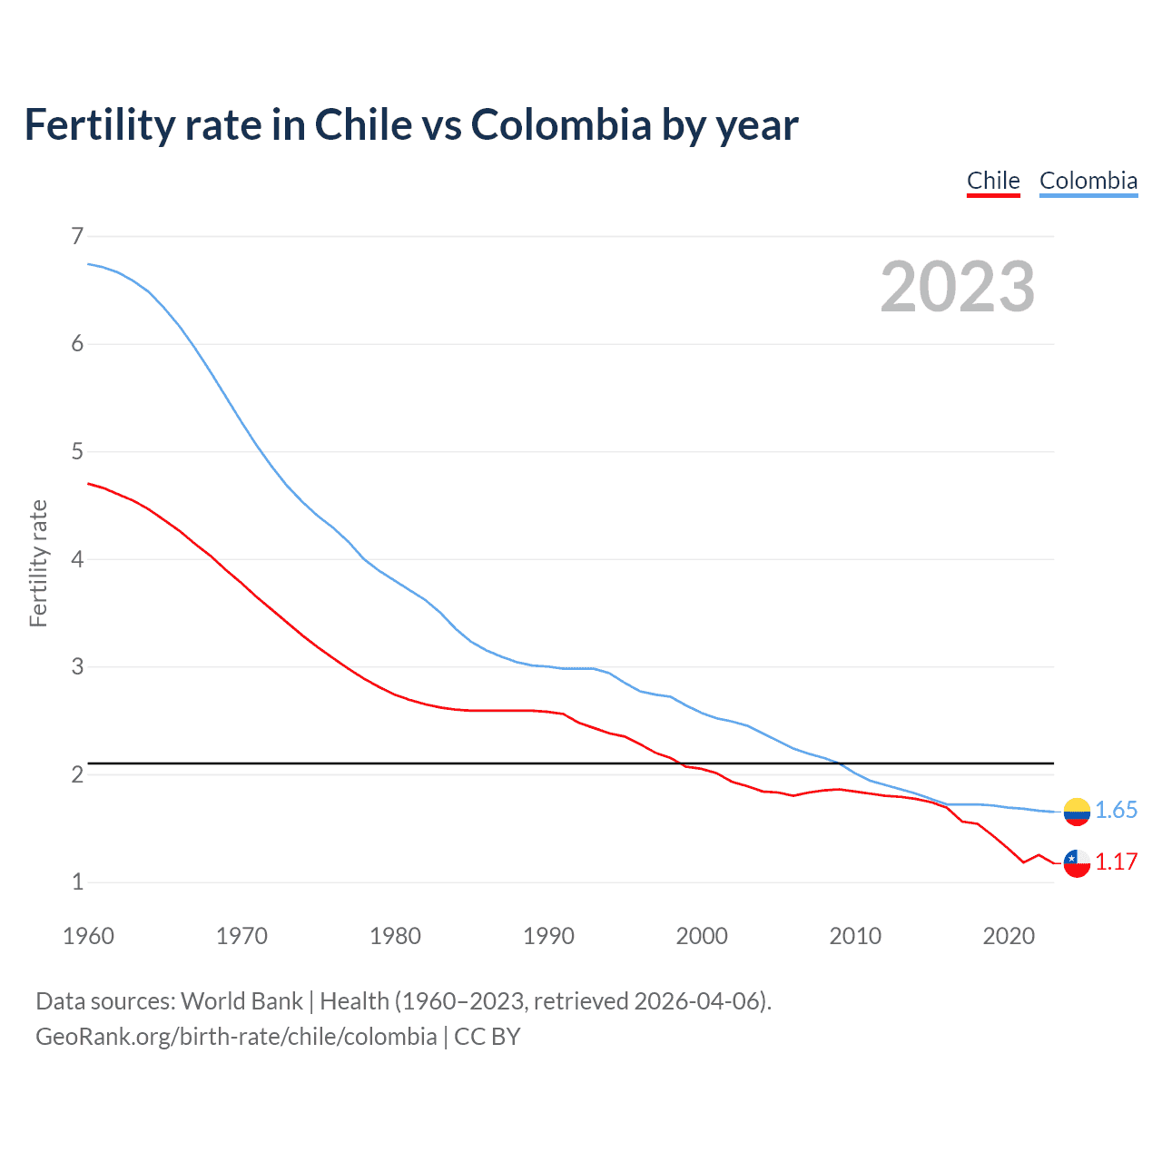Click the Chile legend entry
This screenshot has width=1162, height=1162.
pyautogui.click(x=993, y=181)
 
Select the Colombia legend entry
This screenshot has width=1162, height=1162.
pyautogui.click(x=1088, y=181)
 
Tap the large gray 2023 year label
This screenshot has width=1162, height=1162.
pyautogui.click(x=957, y=287)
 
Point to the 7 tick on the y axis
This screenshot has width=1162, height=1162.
pyautogui.click(x=77, y=236)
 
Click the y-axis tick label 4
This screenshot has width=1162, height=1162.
pyautogui.click(x=77, y=559)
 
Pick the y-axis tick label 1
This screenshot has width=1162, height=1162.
pyautogui.click(x=77, y=881)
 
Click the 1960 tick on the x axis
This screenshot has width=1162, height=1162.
pyautogui.click(x=88, y=936)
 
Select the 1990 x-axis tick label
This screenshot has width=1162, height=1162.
pyautogui.click(x=548, y=936)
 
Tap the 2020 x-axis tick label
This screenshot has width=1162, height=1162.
pyautogui.click(x=1009, y=936)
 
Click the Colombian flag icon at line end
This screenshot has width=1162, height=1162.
pyautogui.click(x=1077, y=812)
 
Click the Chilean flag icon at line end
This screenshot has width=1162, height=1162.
pyautogui.click(x=1077, y=863)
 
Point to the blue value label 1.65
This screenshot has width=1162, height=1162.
pyautogui.click(x=1116, y=811)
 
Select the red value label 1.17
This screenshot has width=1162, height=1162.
pyautogui.click(x=1116, y=862)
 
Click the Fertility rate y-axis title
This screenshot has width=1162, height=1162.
pyautogui.click(x=38, y=563)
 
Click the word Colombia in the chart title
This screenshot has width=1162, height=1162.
pyautogui.click(x=560, y=125)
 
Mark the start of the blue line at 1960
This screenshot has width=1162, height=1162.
pyautogui.click(x=89, y=264)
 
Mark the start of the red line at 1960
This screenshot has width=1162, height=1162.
pyautogui.click(x=89, y=484)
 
